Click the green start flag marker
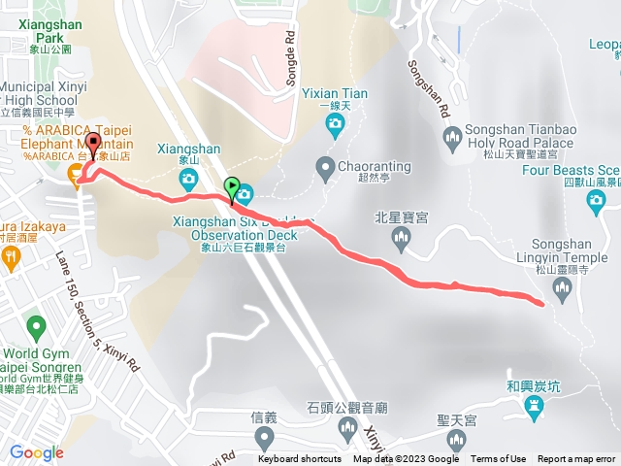click(x=231, y=186)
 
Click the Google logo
click(x=36, y=452)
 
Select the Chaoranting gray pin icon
click(x=325, y=167)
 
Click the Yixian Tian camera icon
click(x=335, y=123)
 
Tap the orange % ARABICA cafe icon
click(x=75, y=173)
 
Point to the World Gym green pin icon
click(x=36, y=326)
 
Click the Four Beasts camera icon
click(x=597, y=201)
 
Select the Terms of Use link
click(x=499, y=459)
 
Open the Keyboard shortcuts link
click(x=300, y=459)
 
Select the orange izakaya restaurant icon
click(x=11, y=257)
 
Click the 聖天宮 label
click(x=456, y=421)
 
